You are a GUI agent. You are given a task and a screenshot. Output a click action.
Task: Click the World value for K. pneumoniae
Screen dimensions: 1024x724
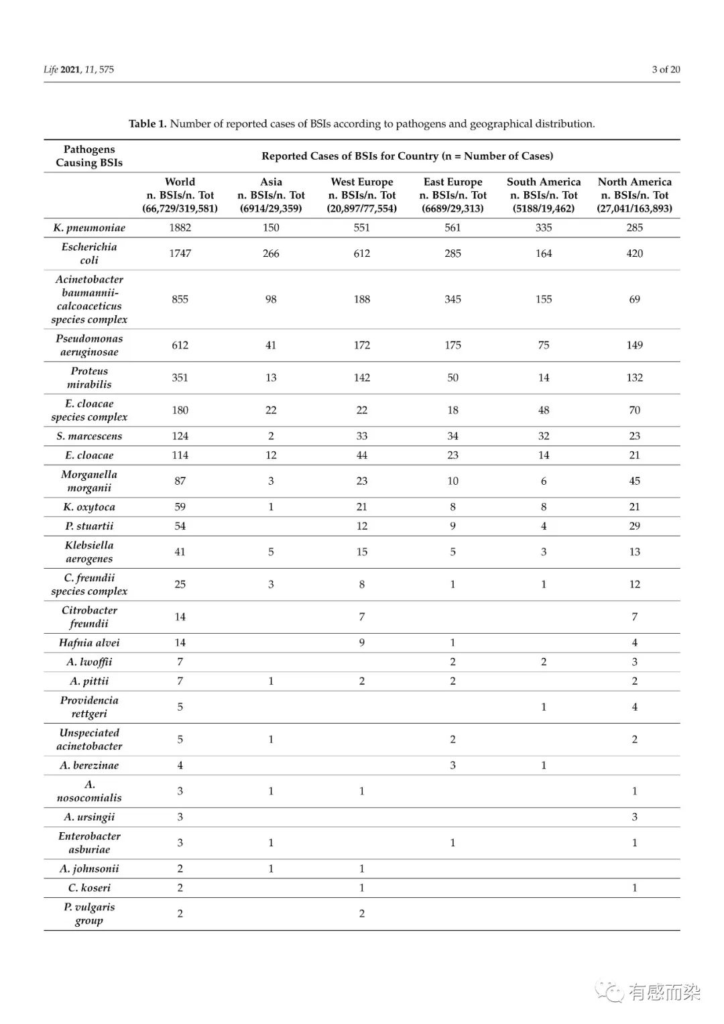[x=180, y=227]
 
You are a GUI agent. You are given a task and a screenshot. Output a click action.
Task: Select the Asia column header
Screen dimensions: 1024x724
[x=271, y=194]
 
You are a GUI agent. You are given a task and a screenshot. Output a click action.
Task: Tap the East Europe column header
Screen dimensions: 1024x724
[x=452, y=194]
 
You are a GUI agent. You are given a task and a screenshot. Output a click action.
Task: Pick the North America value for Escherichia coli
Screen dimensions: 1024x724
[x=634, y=253]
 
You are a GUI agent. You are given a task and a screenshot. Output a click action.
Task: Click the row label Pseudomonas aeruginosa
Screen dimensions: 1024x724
[x=89, y=345]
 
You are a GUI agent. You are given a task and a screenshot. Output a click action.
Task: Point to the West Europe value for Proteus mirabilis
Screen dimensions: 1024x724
[x=362, y=378]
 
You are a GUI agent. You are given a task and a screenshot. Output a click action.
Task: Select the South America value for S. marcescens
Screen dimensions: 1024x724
[x=544, y=436]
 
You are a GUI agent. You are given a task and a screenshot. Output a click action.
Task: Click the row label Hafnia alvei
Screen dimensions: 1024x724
[x=89, y=642]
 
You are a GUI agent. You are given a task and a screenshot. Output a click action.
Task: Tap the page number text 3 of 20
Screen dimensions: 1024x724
[x=666, y=69]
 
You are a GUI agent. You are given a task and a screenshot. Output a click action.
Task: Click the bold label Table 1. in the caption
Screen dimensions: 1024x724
[x=147, y=123]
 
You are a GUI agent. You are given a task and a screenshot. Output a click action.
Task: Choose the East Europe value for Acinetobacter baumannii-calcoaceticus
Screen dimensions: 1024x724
[x=452, y=299]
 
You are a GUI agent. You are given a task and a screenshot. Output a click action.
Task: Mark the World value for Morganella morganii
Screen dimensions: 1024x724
[x=180, y=481]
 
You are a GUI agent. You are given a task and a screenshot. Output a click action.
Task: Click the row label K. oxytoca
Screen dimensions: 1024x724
[x=89, y=507]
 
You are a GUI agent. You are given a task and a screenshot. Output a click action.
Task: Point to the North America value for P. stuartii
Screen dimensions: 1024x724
[x=634, y=526]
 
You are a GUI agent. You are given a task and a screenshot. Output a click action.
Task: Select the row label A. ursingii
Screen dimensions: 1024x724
[x=89, y=817]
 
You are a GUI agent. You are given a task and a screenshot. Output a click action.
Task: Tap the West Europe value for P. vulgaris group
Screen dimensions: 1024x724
[x=362, y=913]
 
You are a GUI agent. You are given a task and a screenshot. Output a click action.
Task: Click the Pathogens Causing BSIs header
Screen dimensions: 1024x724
[x=89, y=156]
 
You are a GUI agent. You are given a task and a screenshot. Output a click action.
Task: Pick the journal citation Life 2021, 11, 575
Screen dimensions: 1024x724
[x=79, y=69]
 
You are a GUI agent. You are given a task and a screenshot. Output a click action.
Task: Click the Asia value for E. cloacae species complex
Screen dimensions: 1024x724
[x=271, y=410]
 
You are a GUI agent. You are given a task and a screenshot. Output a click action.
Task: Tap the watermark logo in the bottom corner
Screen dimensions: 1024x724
[x=610, y=991]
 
